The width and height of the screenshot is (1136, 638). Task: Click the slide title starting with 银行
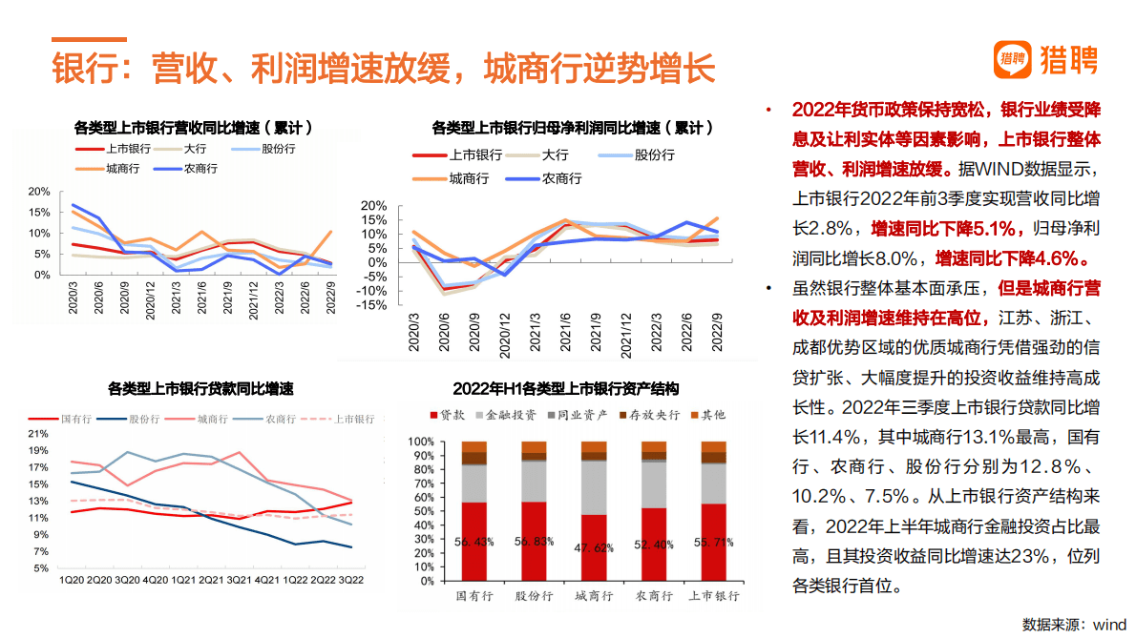tap(382, 69)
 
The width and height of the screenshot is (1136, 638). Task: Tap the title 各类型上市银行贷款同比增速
tap(200, 389)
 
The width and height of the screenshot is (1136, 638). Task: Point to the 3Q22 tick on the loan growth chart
tap(351, 579)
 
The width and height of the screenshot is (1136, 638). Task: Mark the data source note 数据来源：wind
tap(1074, 625)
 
